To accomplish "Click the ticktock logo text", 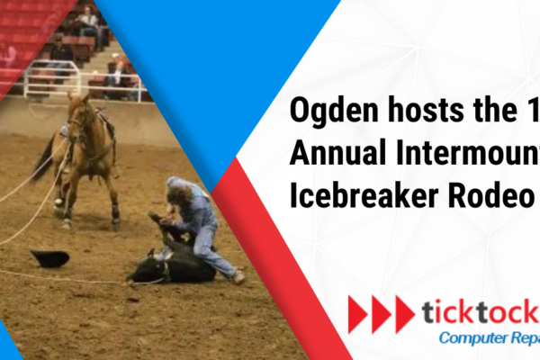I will (480, 313).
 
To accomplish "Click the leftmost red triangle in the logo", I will (356, 314).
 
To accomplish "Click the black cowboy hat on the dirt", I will (49, 258).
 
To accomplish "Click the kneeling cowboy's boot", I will (238, 277).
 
